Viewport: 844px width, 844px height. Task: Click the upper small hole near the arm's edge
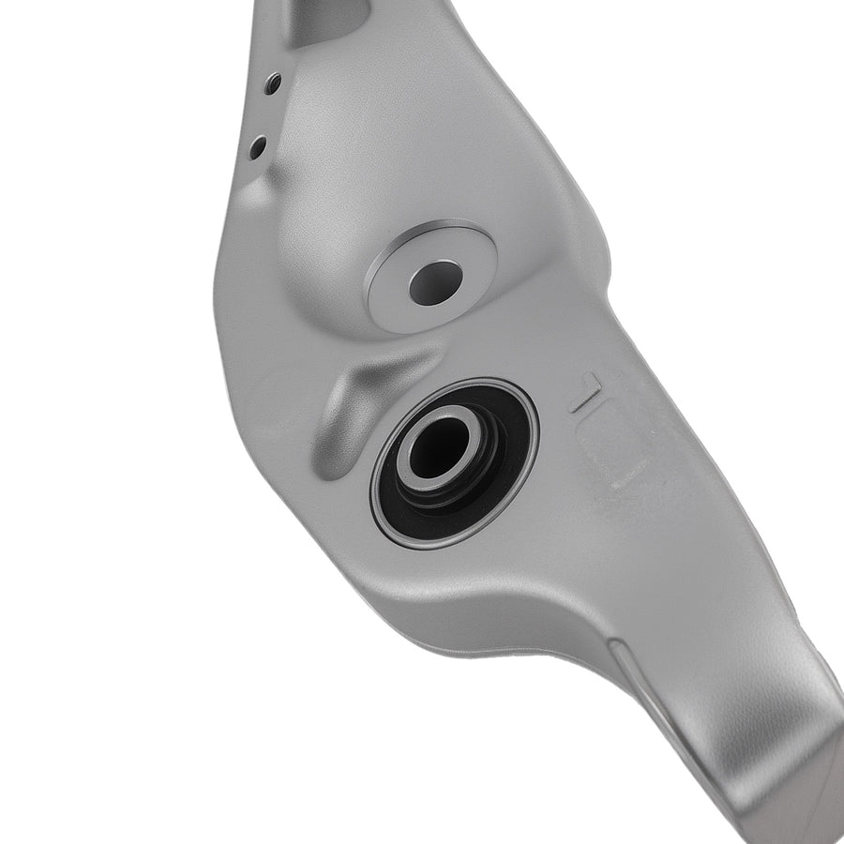coord(272,83)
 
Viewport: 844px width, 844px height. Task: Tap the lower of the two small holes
coord(258,147)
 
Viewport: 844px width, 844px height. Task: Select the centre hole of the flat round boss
coord(435,283)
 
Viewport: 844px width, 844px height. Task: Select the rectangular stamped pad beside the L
coord(613,446)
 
